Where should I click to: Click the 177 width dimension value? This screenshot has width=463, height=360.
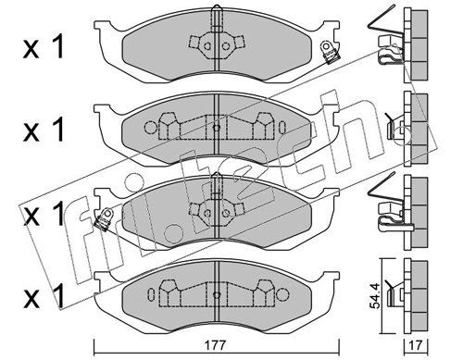(218, 345)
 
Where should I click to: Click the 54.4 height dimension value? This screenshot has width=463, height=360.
(375, 295)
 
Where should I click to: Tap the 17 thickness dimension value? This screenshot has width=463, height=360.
(417, 345)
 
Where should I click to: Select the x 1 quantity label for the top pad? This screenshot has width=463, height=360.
(44, 47)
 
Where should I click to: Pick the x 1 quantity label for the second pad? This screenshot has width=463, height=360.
(44, 130)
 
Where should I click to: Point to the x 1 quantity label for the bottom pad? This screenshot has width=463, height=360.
(44, 296)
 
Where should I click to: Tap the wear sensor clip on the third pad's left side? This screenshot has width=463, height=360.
(104, 218)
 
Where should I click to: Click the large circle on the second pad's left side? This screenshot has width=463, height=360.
(151, 127)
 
